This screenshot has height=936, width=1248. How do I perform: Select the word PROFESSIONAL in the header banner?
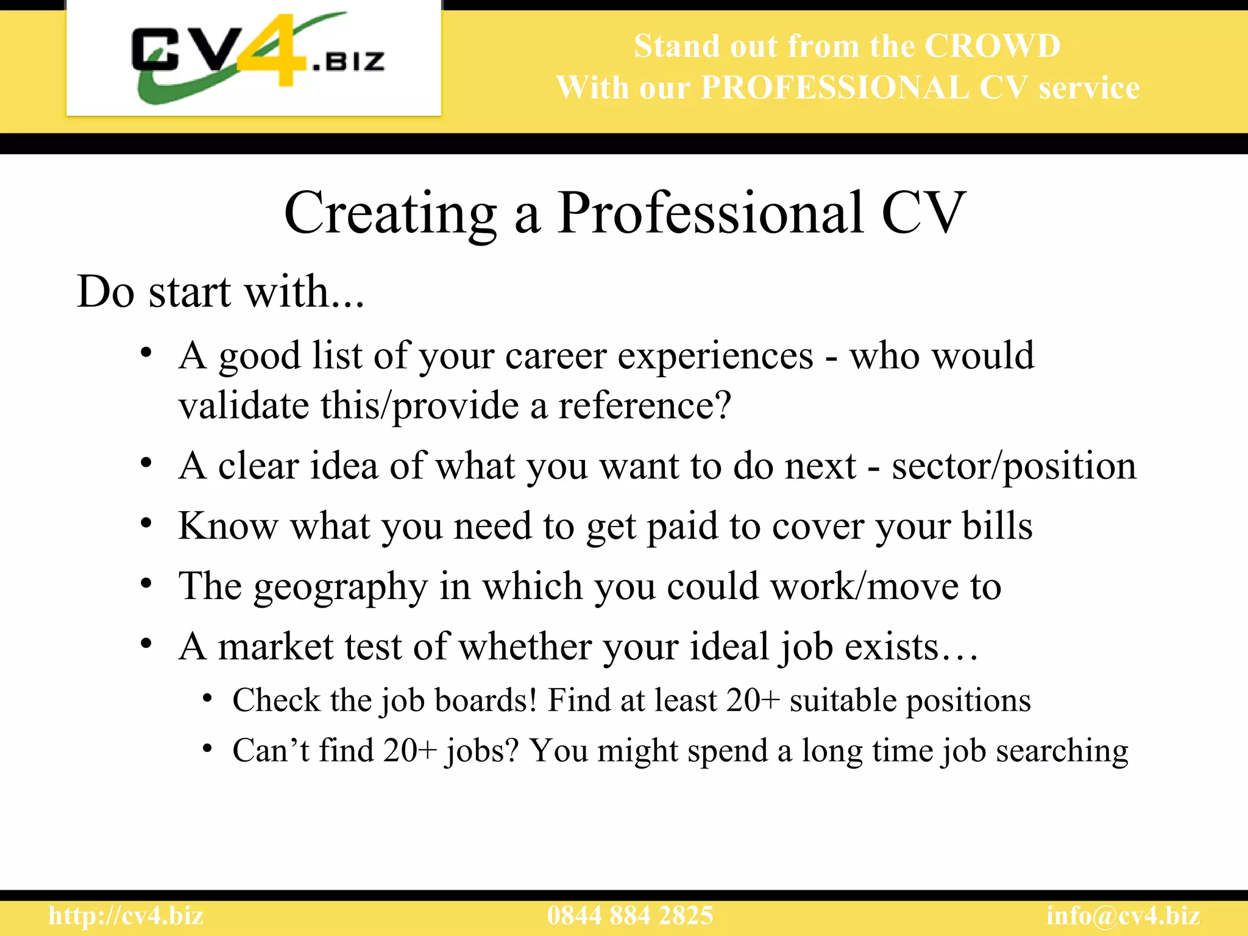[x=835, y=88]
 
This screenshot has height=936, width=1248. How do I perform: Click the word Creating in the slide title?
[x=390, y=213]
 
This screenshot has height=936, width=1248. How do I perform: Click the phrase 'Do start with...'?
[x=221, y=292]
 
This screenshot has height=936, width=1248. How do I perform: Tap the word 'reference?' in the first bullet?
[x=645, y=406]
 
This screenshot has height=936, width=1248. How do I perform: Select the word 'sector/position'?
[x=1014, y=466]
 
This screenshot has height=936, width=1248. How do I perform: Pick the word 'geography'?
[x=341, y=587]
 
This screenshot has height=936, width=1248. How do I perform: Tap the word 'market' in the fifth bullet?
[x=275, y=647]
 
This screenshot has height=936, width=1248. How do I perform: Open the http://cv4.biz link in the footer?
[x=126, y=916]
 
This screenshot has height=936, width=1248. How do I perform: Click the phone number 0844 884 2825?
[x=630, y=916]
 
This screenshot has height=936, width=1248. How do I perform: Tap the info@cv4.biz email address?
[x=1123, y=916]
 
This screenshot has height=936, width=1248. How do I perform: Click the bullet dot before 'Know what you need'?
[x=146, y=523]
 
